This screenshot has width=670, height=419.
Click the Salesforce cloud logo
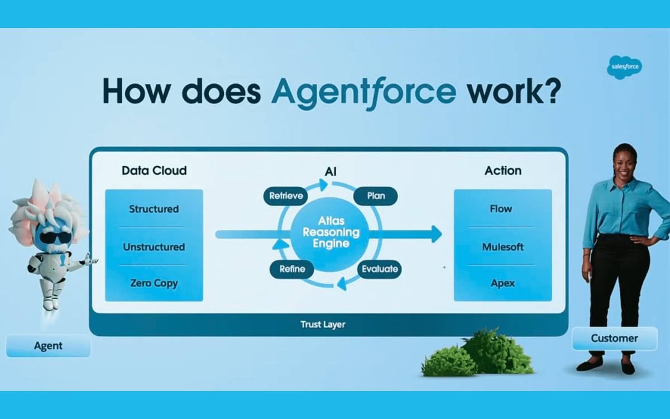point(624,67)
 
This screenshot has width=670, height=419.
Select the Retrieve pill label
point(286,196)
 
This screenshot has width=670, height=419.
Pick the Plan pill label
point(376,196)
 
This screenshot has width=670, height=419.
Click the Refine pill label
point(292,269)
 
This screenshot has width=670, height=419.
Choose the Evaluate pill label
point(380,269)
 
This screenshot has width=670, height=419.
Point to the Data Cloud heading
point(154,170)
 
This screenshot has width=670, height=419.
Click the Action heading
point(503,170)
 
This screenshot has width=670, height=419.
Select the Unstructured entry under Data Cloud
point(154,247)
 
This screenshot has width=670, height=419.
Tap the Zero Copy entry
point(154,283)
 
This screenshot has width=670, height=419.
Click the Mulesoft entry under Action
point(503,247)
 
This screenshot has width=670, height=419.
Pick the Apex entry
point(503,283)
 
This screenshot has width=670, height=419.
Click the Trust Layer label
point(323,325)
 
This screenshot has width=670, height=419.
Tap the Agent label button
point(48,346)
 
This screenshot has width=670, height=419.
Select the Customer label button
point(614,338)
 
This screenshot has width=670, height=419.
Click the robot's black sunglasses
point(55,237)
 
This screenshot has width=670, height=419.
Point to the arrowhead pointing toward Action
point(437,234)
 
